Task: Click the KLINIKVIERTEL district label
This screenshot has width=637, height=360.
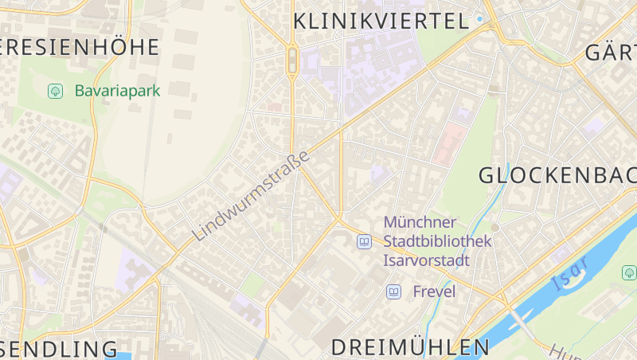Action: (381, 22)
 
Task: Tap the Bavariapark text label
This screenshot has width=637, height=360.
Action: (117, 91)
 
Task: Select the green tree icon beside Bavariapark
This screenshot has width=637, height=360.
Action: (55, 91)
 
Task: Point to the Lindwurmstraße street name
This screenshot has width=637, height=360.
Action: (250, 196)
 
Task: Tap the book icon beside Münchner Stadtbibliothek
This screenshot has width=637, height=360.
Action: (364, 241)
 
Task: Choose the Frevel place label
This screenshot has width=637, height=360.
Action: (434, 292)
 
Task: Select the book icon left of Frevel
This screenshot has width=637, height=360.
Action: (393, 292)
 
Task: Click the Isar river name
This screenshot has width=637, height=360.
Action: (570, 273)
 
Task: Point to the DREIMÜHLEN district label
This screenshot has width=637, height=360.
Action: (410, 347)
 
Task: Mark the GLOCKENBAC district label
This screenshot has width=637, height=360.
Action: (557, 175)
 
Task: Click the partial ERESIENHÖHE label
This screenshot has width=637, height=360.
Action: (80, 47)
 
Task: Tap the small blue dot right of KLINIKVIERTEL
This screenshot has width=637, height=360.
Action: (479, 18)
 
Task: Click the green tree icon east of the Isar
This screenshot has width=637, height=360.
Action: (629, 273)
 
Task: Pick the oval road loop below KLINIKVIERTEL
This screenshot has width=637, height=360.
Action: (292, 61)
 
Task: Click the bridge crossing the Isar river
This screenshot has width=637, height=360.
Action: (520, 319)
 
